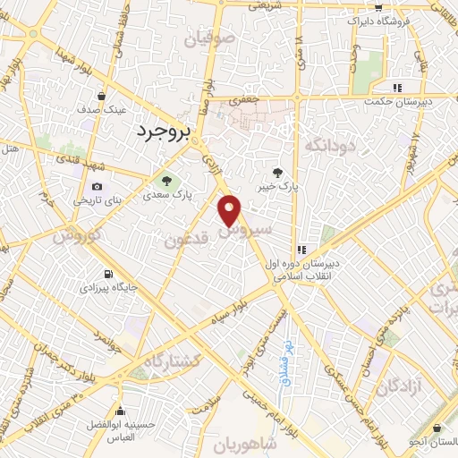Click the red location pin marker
pyautogui.click(x=231, y=209)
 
